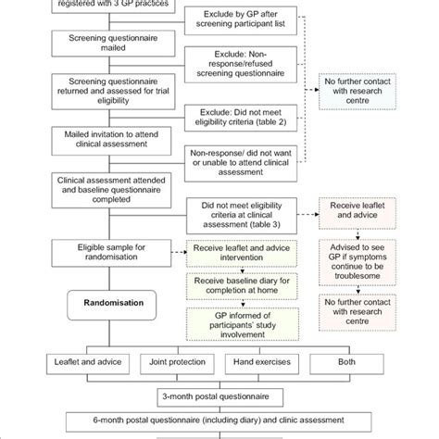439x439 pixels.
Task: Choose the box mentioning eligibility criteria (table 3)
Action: (242, 212)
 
